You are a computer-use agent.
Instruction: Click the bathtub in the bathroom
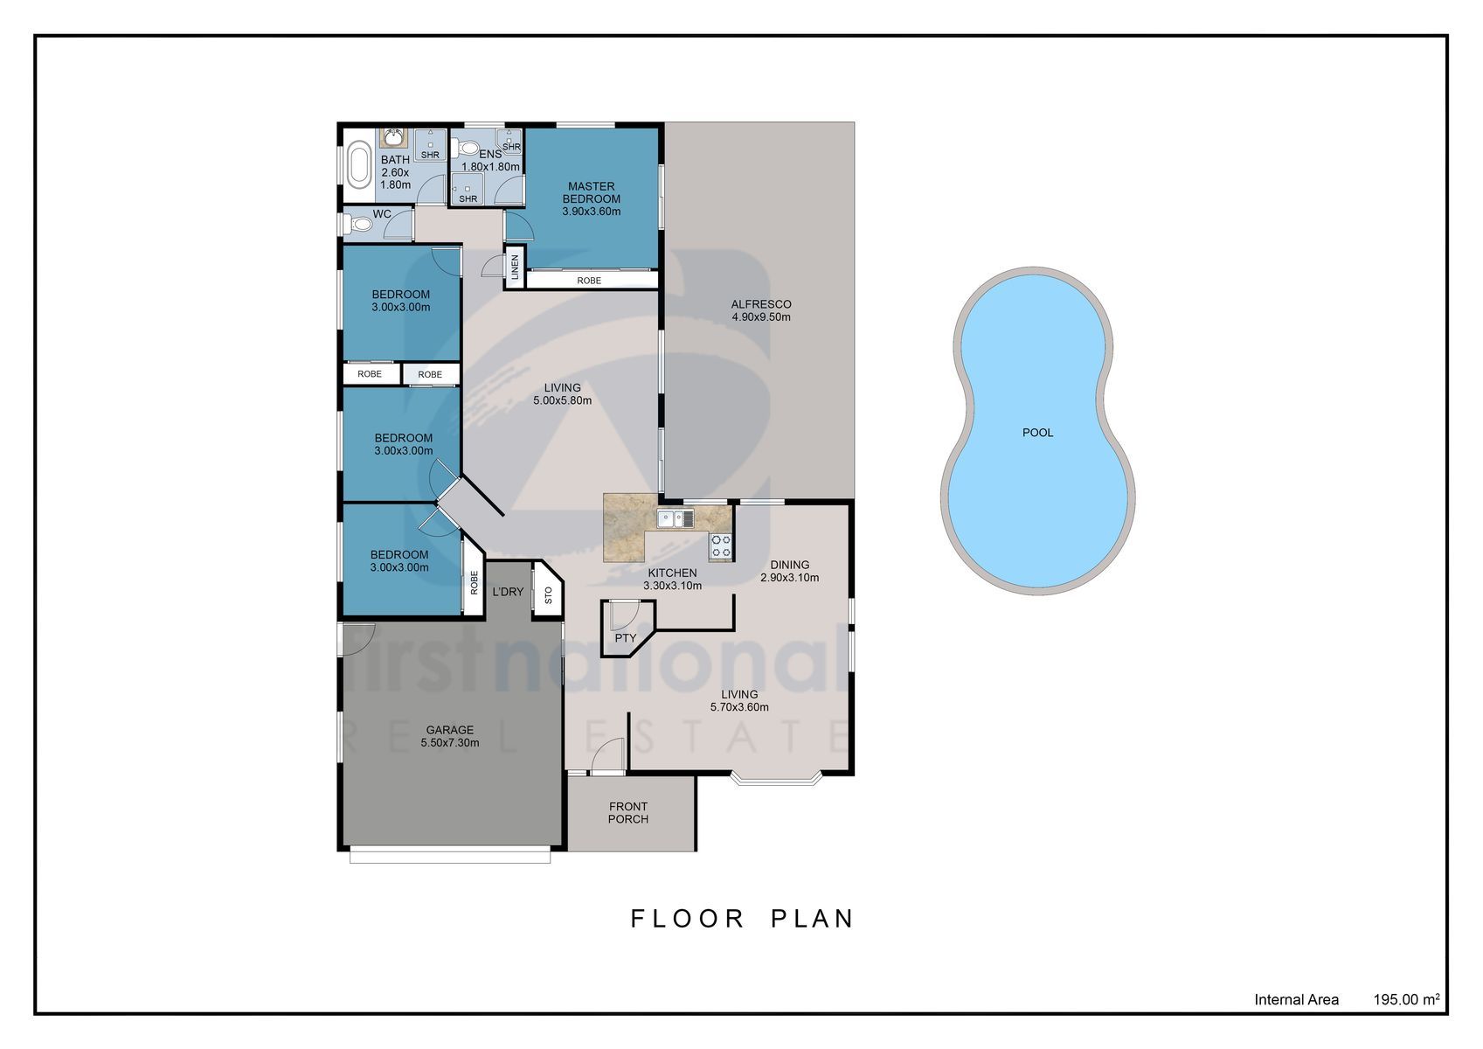[x=359, y=165]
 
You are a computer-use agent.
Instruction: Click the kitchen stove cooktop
[x=721, y=545]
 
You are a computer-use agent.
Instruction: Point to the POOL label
[x=1037, y=433]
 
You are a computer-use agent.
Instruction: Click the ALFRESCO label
[x=760, y=304]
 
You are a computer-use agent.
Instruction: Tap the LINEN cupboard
[x=515, y=267]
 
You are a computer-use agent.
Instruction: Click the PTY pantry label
[x=625, y=638]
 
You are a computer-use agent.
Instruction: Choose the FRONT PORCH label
[x=628, y=813]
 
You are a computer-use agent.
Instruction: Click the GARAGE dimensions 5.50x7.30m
[x=449, y=743]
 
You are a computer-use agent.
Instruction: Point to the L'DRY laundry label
[x=508, y=592]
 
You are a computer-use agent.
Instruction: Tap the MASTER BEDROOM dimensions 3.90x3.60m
[x=592, y=212]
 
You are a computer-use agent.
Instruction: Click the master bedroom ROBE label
[x=588, y=281]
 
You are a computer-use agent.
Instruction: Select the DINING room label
[x=789, y=565]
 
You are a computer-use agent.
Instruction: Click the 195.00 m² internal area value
[x=1406, y=1000]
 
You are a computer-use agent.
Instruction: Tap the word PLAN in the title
[x=813, y=920]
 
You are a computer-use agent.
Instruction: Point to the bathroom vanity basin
[x=393, y=138]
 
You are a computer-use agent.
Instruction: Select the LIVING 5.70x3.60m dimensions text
[x=739, y=707]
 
